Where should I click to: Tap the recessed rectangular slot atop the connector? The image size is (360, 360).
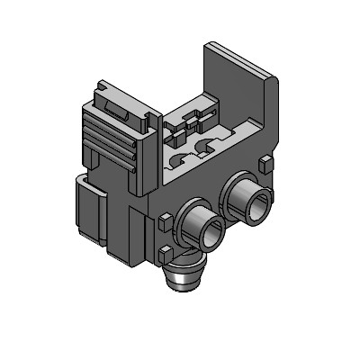(116, 107)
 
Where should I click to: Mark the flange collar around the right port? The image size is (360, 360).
(236, 189)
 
